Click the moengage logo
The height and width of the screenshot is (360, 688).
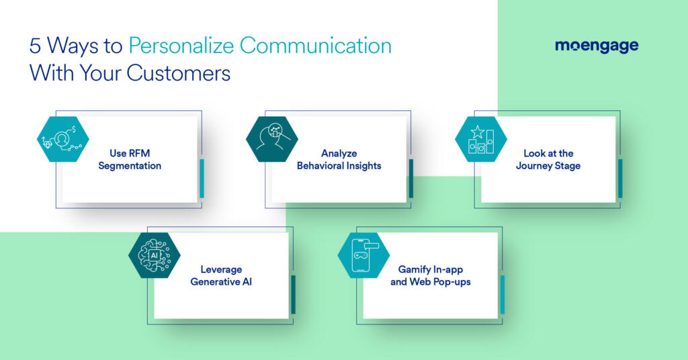(x=596, y=46)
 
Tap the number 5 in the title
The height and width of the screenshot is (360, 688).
(x=34, y=46)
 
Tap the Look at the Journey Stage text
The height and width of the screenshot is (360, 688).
(x=548, y=159)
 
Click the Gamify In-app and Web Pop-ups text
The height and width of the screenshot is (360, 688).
(x=430, y=275)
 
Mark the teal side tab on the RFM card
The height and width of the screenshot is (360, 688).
(x=202, y=178)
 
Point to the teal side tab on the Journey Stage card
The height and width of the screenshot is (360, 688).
(x=620, y=178)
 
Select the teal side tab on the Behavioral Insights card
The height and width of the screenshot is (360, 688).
(x=411, y=178)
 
